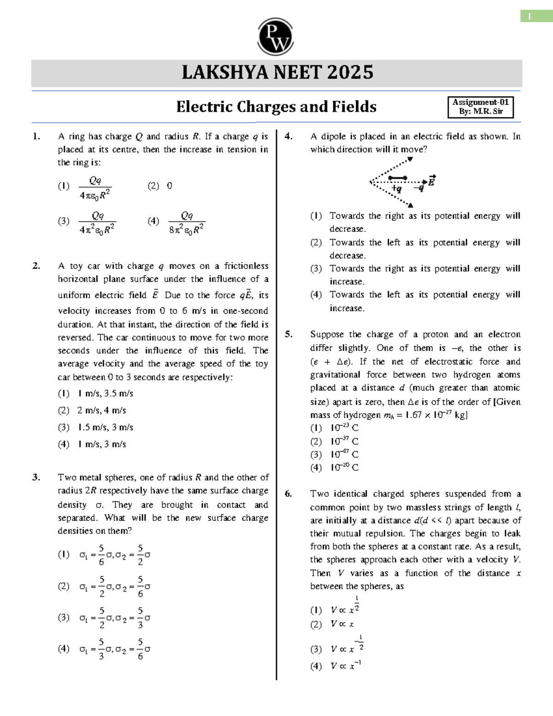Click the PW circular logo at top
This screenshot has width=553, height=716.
click(x=276, y=37)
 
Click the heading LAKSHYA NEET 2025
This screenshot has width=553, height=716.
click(x=277, y=73)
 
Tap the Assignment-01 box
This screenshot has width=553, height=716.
click(x=480, y=107)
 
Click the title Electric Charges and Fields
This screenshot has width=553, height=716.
click(x=276, y=107)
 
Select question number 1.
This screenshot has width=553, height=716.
click(x=36, y=136)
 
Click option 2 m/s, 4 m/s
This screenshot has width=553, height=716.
click(x=101, y=410)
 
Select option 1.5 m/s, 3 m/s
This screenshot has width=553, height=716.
click(x=105, y=427)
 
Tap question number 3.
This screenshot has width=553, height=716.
click(x=36, y=477)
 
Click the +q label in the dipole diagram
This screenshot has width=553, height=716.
click(x=396, y=189)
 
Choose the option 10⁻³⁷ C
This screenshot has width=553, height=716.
click(x=344, y=441)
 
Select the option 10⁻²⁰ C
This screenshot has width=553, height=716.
click(x=344, y=467)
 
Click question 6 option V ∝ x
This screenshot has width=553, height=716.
click(x=342, y=624)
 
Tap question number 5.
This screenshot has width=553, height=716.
click(x=288, y=334)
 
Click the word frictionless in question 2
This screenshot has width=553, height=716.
click(x=246, y=266)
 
